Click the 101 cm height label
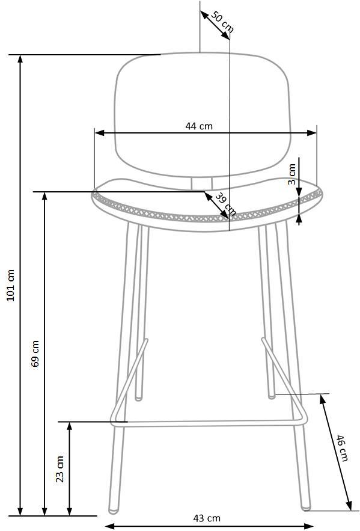click(11, 286)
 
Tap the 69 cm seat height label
click(35, 354)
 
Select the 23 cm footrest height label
click(59, 469)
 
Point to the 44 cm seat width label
click(199, 126)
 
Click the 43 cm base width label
click(207, 518)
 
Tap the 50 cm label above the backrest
click(222, 22)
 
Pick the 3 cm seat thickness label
click(291, 174)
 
